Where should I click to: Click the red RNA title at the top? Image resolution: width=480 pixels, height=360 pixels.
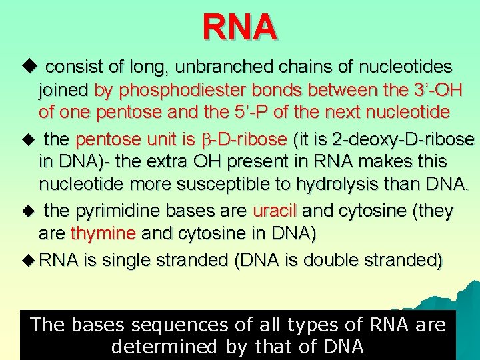[x=240, y=27]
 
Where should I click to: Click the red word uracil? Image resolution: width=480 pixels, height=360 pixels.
[x=276, y=212]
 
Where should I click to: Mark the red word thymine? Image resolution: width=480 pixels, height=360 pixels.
[x=103, y=234]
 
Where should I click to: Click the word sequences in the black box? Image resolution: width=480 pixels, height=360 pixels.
[x=177, y=325]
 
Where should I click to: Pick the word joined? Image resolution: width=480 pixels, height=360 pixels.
[x=65, y=89]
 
